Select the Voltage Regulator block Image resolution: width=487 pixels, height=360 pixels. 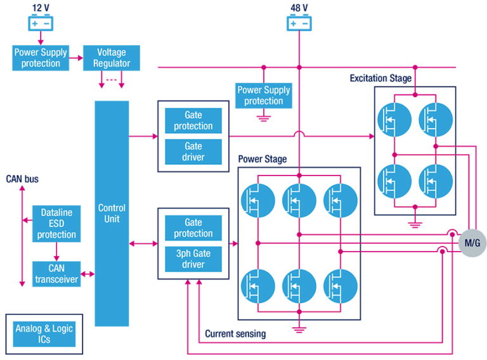112,58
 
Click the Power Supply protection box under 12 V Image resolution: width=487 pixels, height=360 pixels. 45,58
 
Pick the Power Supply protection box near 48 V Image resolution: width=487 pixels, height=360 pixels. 264,95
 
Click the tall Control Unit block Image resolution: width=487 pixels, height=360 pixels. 112,213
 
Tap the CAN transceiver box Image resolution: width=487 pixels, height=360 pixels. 56,274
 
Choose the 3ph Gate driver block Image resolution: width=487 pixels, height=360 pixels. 193,259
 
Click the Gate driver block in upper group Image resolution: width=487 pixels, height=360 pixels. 193,151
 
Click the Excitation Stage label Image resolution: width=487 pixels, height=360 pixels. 380,79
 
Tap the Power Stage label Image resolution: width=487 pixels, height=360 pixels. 262,159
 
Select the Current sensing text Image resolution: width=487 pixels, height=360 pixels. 235,333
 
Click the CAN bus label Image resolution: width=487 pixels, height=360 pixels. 22,179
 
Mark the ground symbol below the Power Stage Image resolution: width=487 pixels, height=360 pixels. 299,328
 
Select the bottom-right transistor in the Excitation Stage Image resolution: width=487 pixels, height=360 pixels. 436,181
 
